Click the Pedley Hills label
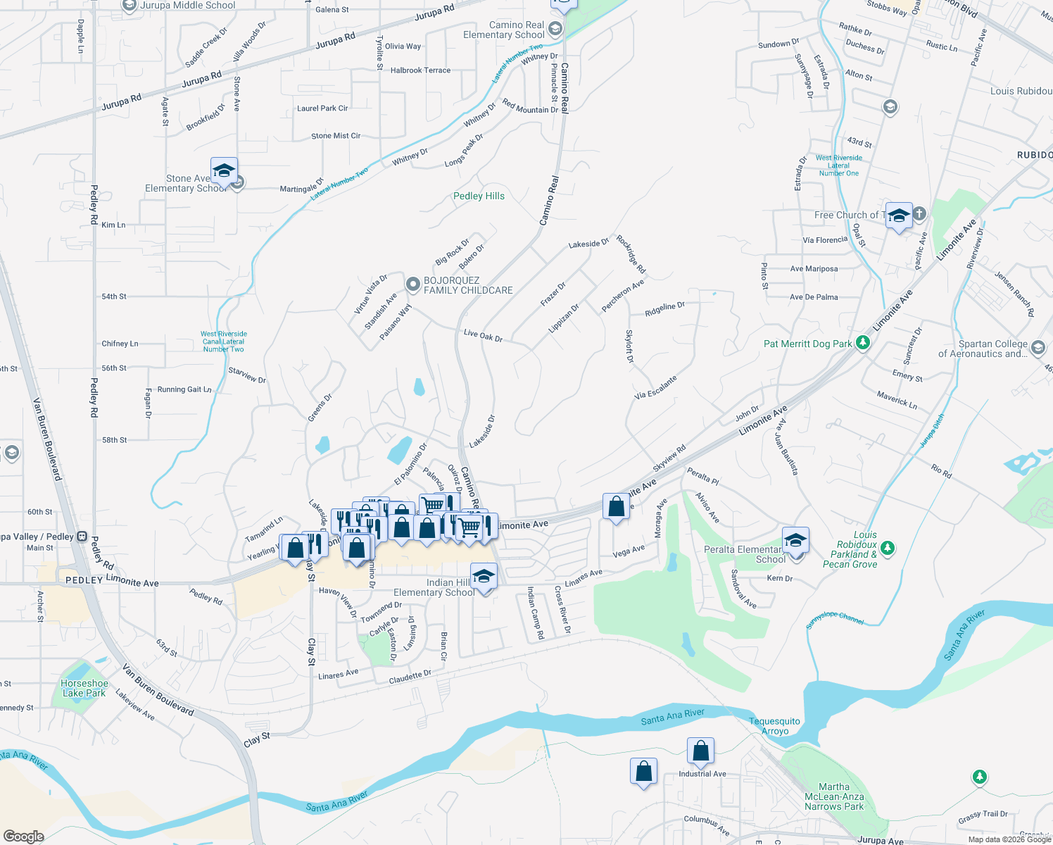479,196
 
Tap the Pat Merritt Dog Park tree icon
863,344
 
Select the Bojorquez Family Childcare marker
413,285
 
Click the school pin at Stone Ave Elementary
224,171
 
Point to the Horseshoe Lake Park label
84,688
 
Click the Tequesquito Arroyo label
774,726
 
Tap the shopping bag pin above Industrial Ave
700,751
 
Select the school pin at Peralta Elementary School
795,541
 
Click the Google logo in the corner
24,836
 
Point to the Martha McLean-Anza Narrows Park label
834,796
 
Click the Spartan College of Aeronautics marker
1038,348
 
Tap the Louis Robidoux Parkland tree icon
888,547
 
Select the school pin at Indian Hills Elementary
484,577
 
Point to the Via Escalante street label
655,387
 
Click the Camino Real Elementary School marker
555,28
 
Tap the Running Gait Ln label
184,389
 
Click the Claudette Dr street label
410,677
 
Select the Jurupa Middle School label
188,6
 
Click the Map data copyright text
1009,839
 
